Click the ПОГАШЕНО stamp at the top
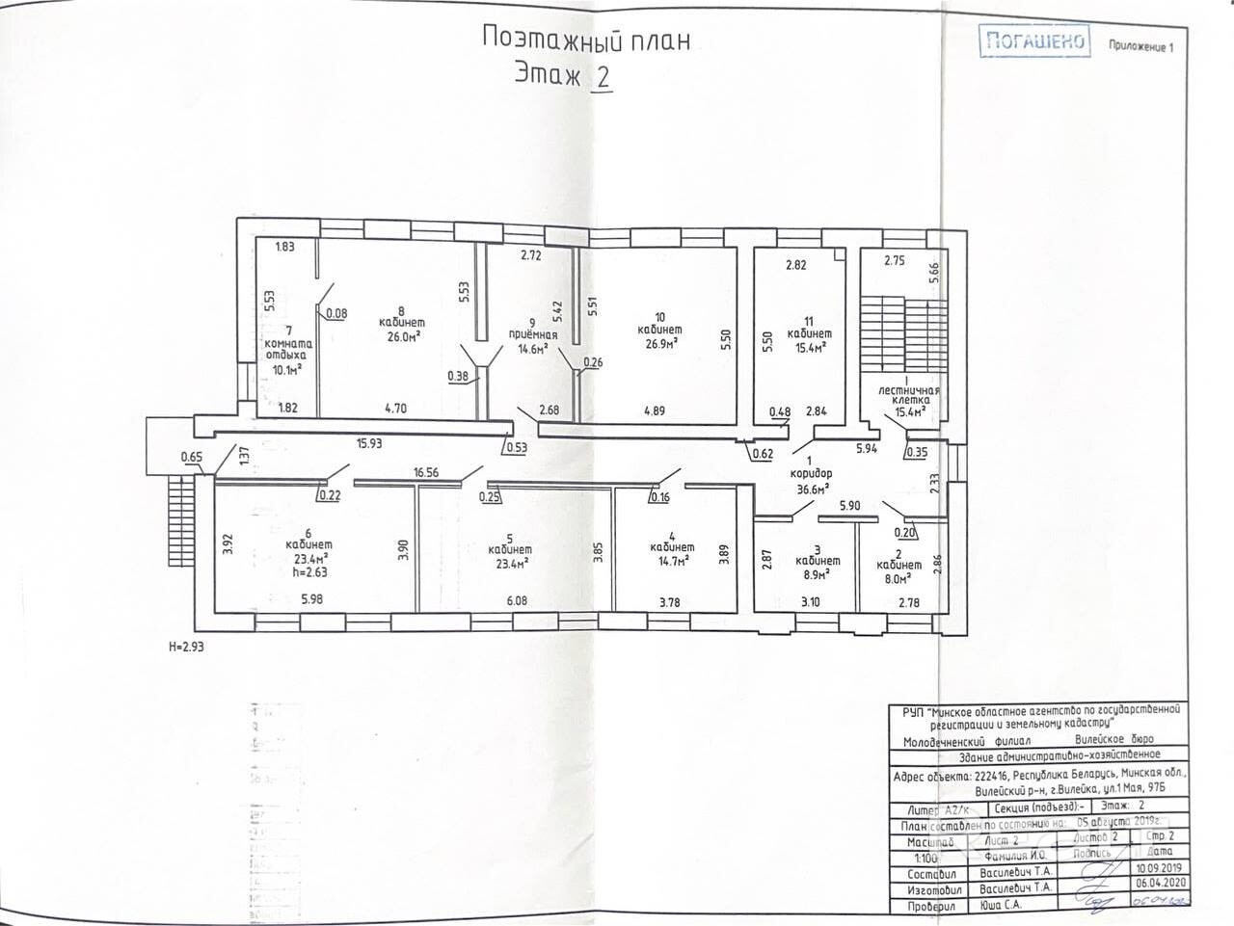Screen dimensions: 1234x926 (x=1033, y=40)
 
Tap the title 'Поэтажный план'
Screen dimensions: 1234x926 (x=584, y=40)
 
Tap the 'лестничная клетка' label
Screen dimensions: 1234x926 (x=902, y=397)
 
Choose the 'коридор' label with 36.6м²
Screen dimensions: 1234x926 (x=812, y=474)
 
